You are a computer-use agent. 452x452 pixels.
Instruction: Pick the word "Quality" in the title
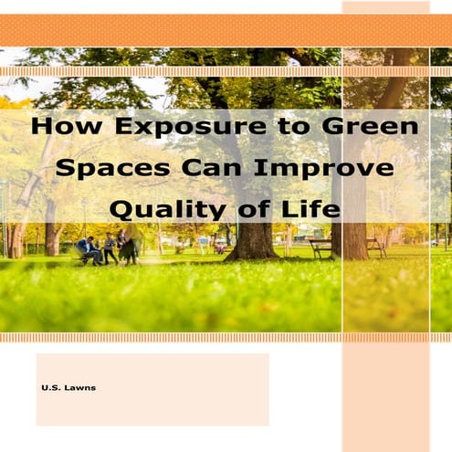[x=164, y=209]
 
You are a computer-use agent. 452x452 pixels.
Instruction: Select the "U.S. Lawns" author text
[x=68, y=388]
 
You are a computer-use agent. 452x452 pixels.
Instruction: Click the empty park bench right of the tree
[x=319, y=247]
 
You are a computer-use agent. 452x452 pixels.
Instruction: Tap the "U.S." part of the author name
[x=51, y=388]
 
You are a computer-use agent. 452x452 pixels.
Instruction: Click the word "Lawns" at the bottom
[x=80, y=388]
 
